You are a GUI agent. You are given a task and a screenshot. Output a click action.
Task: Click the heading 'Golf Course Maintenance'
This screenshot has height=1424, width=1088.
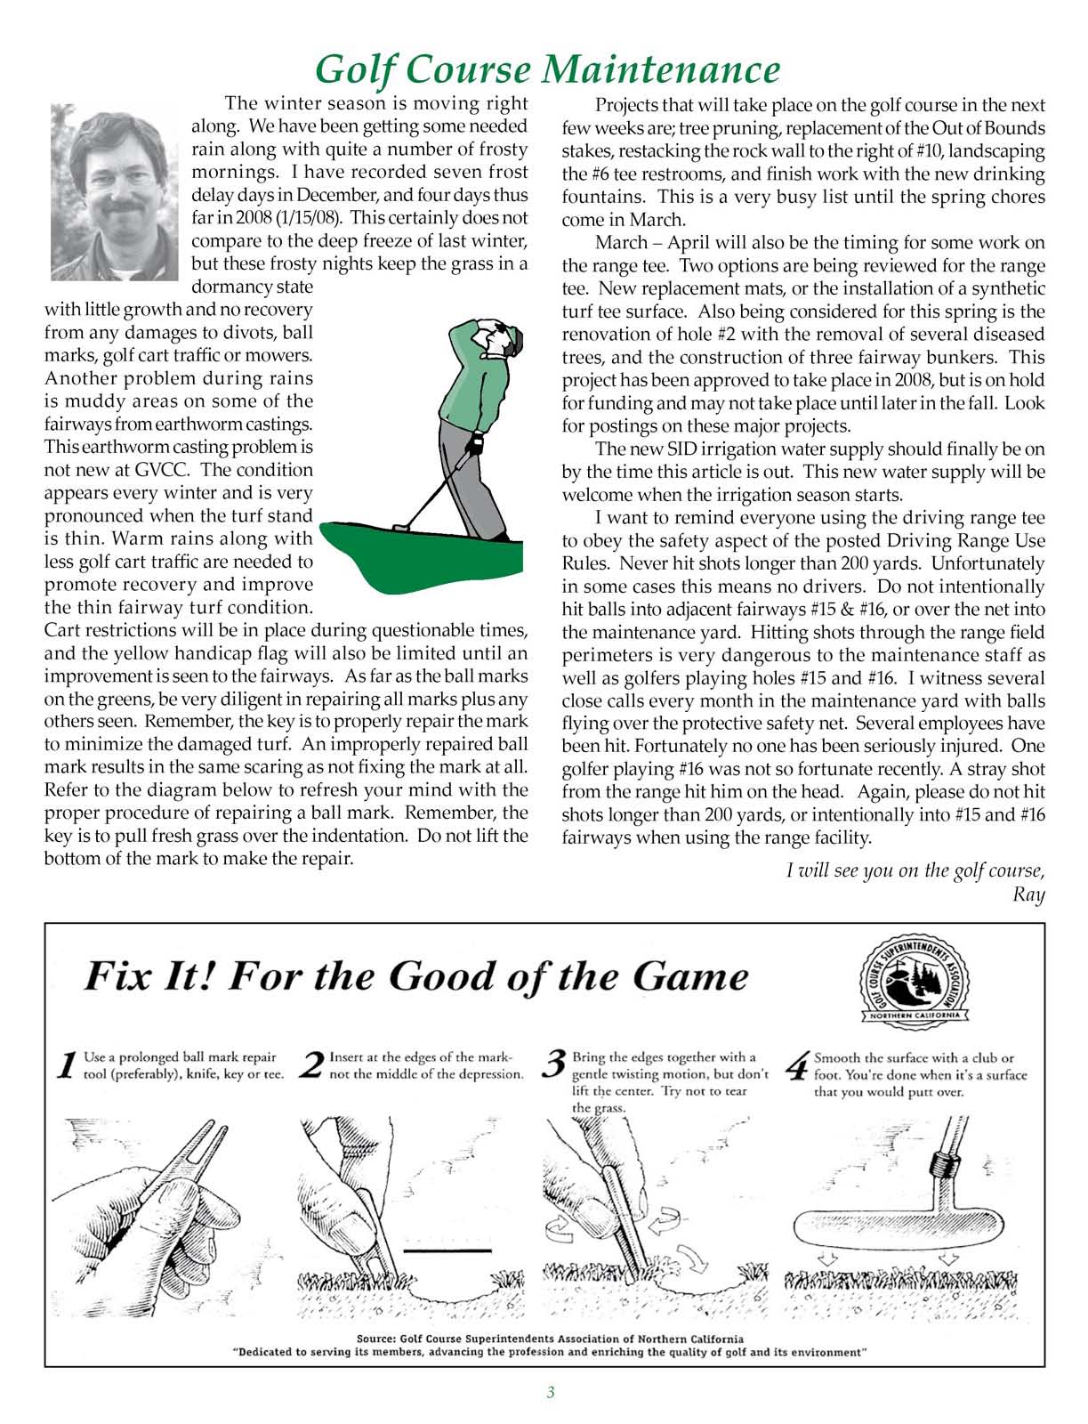[x=548, y=69]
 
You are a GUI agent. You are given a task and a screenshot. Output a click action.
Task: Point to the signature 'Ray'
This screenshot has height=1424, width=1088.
[x=1028, y=894]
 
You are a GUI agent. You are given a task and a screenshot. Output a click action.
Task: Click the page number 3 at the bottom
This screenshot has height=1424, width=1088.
[x=551, y=1393]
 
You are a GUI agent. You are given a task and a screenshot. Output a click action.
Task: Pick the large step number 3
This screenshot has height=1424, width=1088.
[x=555, y=1064]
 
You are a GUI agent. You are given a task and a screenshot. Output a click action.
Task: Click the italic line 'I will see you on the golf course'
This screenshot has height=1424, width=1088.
[x=915, y=870]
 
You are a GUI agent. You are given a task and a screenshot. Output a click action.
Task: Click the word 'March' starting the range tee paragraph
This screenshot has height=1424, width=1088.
[x=624, y=243]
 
